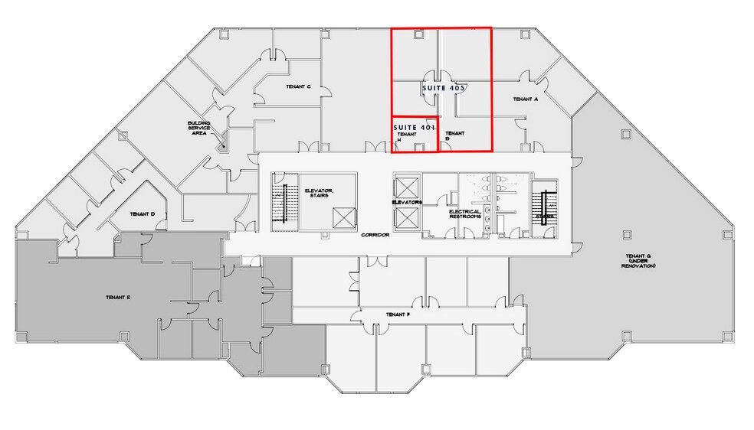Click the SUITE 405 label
tap(444, 89)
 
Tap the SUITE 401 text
tap(414, 126)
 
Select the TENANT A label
tap(526, 99)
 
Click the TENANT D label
tap(143, 214)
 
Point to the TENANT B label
tap(454, 135)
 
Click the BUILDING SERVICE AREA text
tap(199, 127)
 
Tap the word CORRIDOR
tap(375, 235)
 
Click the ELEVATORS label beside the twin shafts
tap(407, 202)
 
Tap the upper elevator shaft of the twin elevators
tap(406, 187)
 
